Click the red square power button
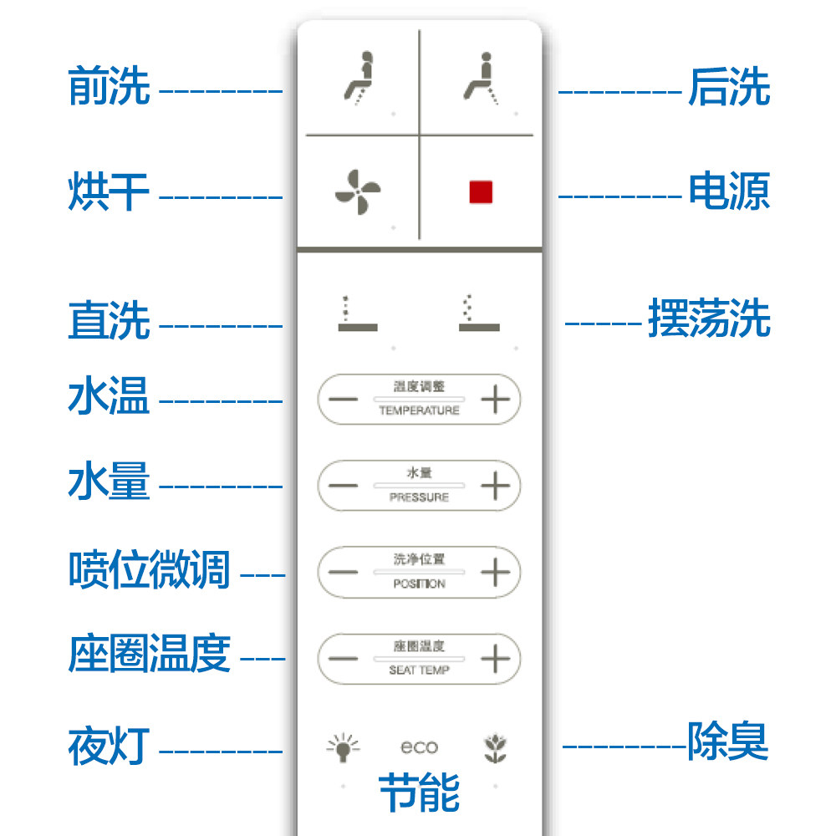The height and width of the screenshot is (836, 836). tap(481, 192)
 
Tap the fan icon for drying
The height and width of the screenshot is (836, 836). tap(358, 192)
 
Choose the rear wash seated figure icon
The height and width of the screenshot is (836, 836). tap(482, 79)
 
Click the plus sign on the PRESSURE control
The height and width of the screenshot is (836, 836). tap(496, 486)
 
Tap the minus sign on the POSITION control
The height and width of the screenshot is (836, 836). tap(343, 573)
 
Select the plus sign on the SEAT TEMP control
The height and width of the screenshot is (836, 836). tap(496, 659)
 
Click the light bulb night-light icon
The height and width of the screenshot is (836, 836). tap(343, 747)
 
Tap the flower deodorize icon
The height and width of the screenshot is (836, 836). tap(495, 747)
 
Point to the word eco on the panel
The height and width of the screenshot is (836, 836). tap(419, 747)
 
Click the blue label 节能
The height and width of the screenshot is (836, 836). tap(419, 793)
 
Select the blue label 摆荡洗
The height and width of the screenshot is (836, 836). tap(709, 320)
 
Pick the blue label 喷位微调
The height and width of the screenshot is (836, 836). tap(149, 570)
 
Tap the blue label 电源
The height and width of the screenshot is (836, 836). tap(728, 191)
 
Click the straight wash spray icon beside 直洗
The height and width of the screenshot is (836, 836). tap(357, 314)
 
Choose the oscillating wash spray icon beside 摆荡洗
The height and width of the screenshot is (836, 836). tap(478, 314)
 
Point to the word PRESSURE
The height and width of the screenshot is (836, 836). tap(419, 497)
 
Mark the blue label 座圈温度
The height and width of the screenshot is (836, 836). tap(149, 654)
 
